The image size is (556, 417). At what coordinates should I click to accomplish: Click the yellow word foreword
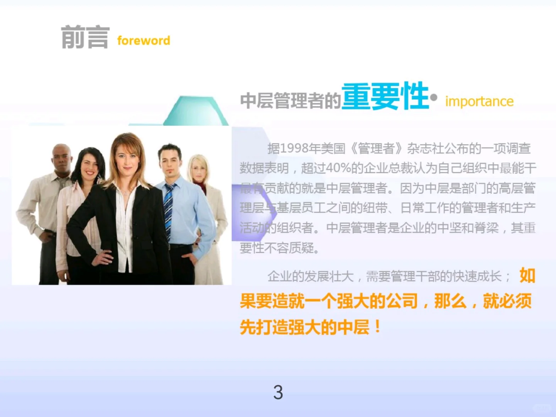point(144,41)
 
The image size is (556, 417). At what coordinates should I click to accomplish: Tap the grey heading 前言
point(85,37)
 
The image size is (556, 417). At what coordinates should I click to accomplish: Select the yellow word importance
point(479,102)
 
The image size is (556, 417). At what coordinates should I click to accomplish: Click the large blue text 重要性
point(385,97)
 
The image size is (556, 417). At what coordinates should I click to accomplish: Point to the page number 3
point(278,392)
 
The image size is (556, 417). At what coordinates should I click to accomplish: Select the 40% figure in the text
point(338,168)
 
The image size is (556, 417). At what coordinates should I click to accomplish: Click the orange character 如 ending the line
point(527,276)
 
